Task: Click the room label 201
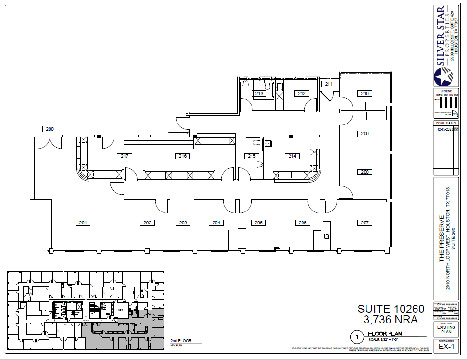click(83, 223)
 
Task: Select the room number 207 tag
click(365, 223)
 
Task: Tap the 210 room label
click(365, 94)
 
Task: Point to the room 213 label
click(259, 94)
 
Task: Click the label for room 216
click(182, 156)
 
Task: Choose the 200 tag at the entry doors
click(50, 129)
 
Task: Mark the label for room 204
click(216, 223)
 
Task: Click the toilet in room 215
click(256, 142)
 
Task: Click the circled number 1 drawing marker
click(356, 336)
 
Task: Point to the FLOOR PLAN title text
click(385, 334)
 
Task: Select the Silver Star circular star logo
click(443, 77)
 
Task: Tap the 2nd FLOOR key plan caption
click(181, 341)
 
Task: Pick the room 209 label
click(365, 133)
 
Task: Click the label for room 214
click(291, 156)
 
